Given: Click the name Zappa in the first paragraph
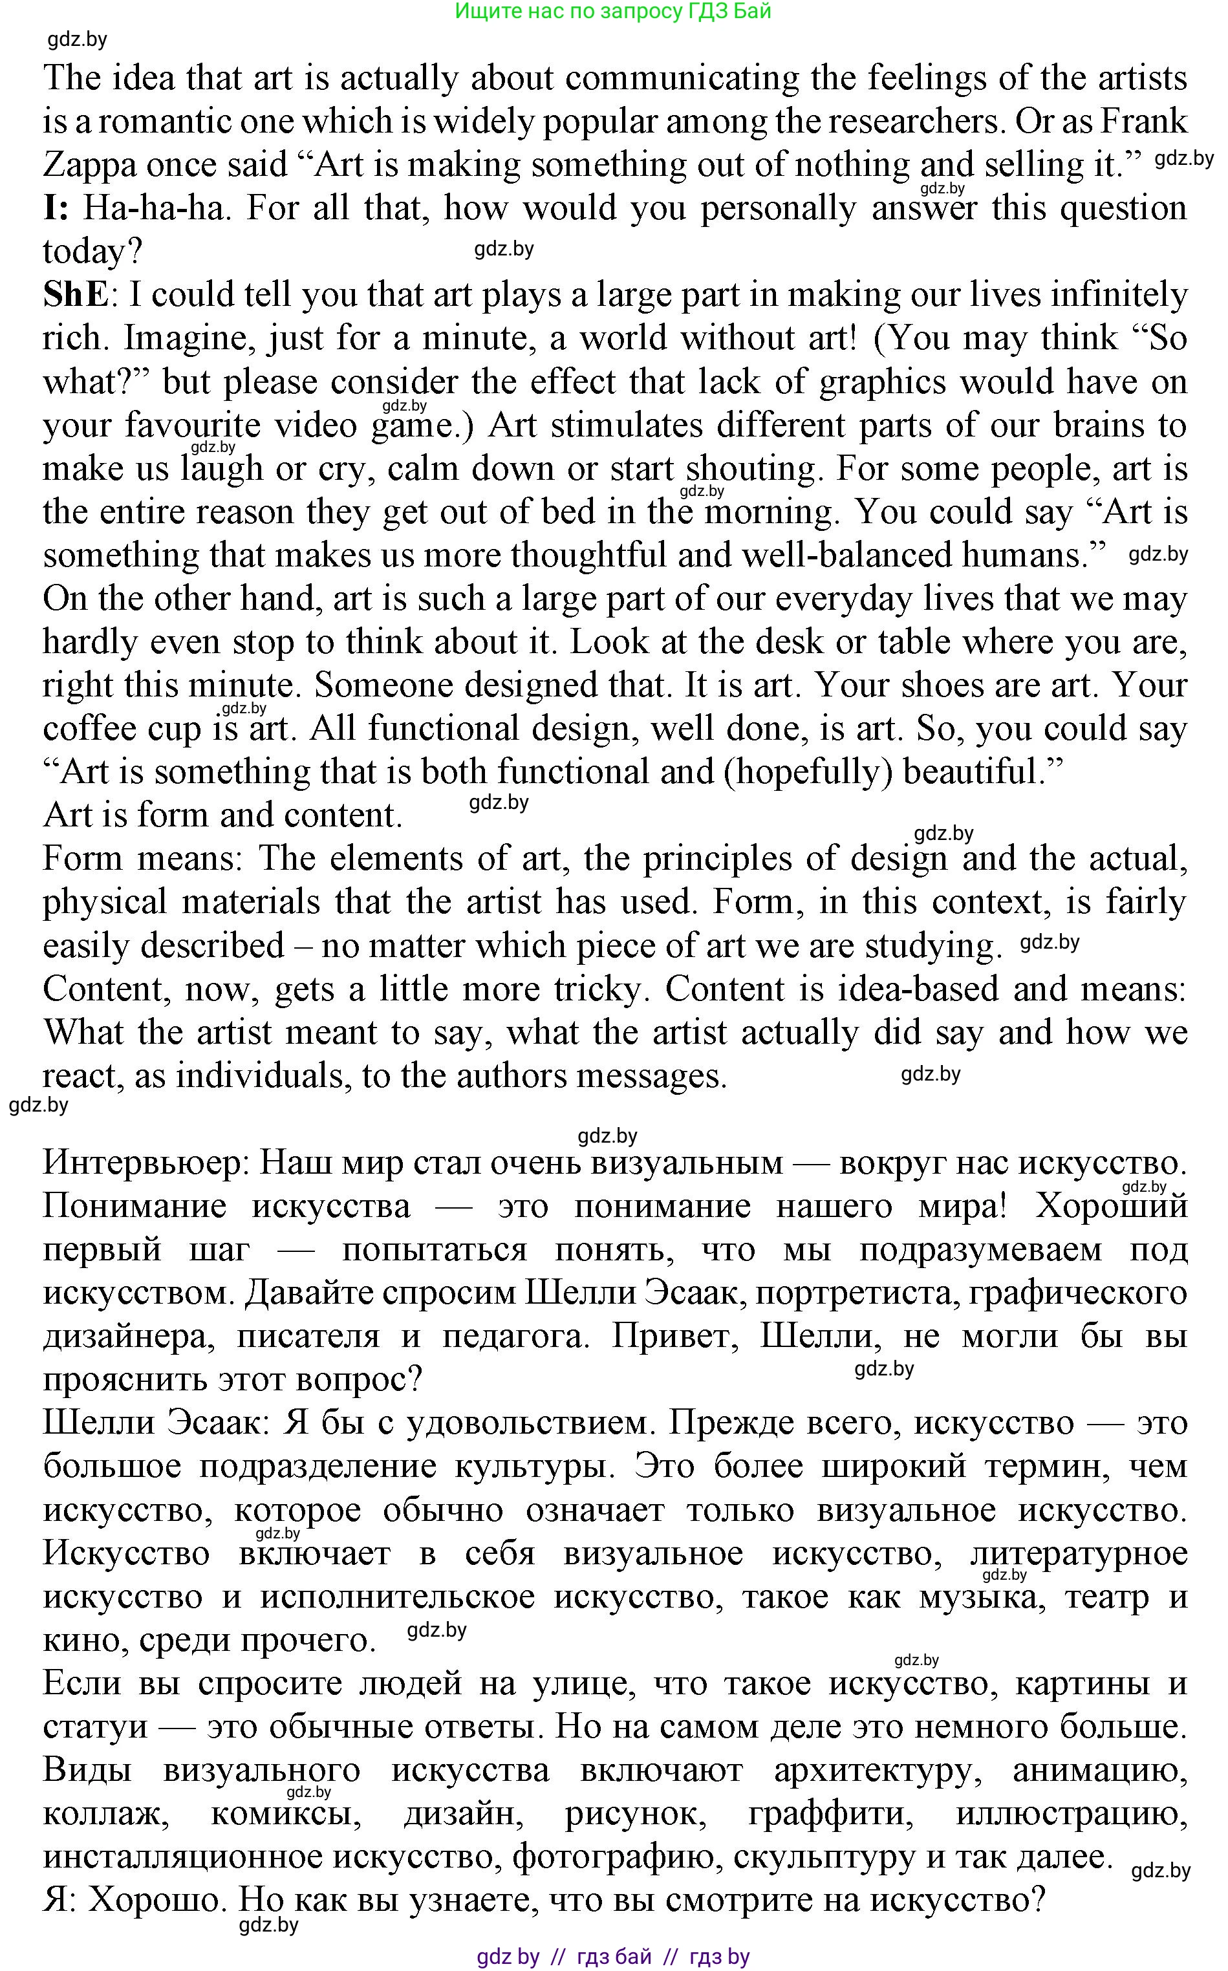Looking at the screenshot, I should click(89, 166).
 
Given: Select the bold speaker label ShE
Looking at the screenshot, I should click(75, 295).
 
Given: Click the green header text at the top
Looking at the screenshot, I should click(613, 12).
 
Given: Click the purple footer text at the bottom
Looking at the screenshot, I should click(613, 1956).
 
